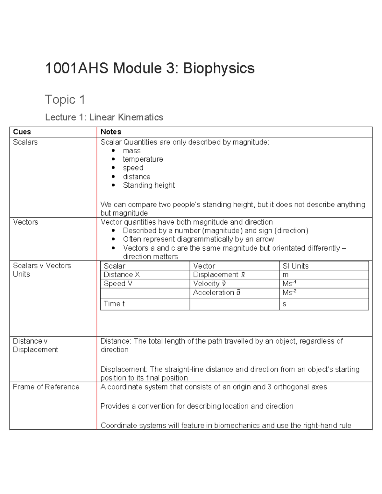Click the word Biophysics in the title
pyautogui.click(x=219, y=68)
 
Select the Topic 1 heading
pyautogui.click(x=65, y=100)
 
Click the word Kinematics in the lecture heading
pyautogui.click(x=141, y=117)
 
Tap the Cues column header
pyautogui.click(x=22, y=132)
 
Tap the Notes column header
pyautogui.click(x=111, y=132)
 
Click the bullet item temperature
pyautogui.click(x=143, y=159)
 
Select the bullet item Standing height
pyautogui.click(x=149, y=185)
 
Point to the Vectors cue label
pyautogui.click(x=25, y=222)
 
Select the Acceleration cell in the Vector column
pyautogui.click(x=217, y=293)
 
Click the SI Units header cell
pyautogui.click(x=295, y=266)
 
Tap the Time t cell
pyautogui.click(x=114, y=304)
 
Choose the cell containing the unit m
pyautogui.click(x=286, y=275)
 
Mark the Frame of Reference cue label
pyautogui.click(x=46, y=387)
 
